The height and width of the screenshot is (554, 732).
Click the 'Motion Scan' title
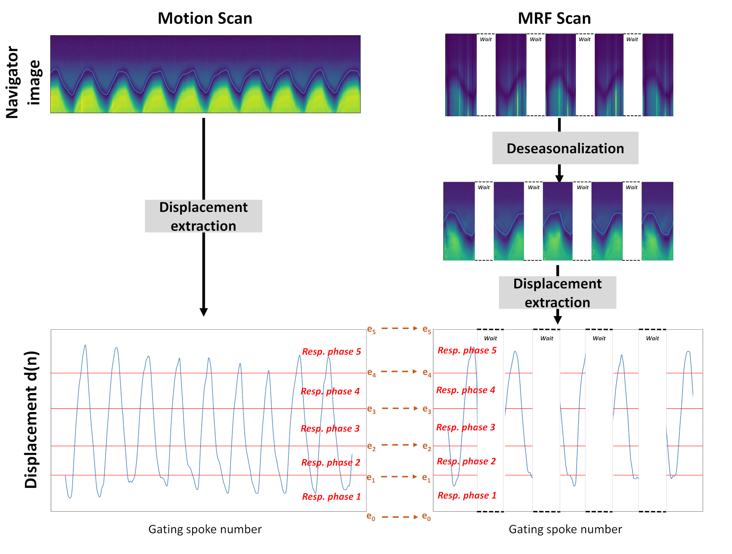(205, 19)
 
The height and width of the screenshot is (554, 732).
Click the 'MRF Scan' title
(554, 19)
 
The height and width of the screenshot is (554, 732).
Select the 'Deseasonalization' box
(565, 148)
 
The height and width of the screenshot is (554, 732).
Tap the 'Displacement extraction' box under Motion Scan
(203, 216)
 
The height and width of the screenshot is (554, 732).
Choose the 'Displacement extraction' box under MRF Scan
(557, 293)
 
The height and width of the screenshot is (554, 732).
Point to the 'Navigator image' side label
(23, 82)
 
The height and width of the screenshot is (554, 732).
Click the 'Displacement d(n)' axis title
(31, 420)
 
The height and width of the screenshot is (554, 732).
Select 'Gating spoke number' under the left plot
(205, 529)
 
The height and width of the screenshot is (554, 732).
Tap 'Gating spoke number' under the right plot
(565, 529)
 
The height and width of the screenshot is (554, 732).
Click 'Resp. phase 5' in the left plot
(331, 352)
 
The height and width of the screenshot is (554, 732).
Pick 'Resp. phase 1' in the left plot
(331, 496)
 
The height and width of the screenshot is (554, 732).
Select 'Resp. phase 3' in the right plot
(466, 427)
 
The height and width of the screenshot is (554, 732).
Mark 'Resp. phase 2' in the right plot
(466, 461)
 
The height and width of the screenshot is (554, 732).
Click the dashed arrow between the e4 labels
(399, 372)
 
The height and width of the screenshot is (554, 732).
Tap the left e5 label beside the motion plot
(371, 330)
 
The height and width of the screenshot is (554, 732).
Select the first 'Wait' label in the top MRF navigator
(486, 39)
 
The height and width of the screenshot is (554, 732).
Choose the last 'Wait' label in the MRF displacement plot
(652, 338)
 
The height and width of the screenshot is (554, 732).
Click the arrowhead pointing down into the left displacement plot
(204, 312)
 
